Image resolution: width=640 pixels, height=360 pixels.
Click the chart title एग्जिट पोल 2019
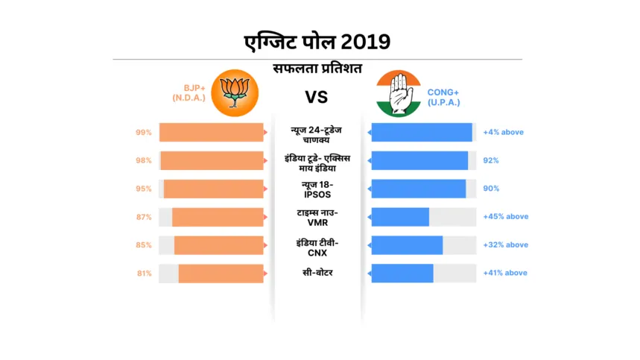[x=317, y=40]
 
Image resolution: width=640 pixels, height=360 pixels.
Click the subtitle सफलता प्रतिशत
[x=317, y=69]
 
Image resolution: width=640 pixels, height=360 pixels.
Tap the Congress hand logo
[x=399, y=93]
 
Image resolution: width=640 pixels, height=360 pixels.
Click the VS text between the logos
[x=317, y=98]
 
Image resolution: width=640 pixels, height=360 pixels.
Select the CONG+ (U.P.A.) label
[x=444, y=97]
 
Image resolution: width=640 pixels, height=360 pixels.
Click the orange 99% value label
[x=144, y=133]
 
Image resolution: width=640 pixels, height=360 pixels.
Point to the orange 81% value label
[x=144, y=274]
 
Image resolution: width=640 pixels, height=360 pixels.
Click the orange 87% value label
[x=144, y=217]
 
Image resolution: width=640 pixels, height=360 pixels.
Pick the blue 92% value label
[x=491, y=160]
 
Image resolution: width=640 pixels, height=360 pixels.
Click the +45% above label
[x=505, y=217]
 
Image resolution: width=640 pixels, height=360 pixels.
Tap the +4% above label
[x=503, y=133]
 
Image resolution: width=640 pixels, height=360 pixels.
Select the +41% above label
[x=505, y=274]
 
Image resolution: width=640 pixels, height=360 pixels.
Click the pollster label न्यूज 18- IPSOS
[x=317, y=189]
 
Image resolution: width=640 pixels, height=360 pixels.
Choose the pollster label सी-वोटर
[x=317, y=273]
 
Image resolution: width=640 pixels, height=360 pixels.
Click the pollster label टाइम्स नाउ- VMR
[x=317, y=217]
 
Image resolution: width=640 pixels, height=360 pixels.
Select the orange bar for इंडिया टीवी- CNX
[x=219, y=245]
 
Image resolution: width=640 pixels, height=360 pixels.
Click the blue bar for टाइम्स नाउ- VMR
[x=400, y=217]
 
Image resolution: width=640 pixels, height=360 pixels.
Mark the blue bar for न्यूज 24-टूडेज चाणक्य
[x=422, y=133]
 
